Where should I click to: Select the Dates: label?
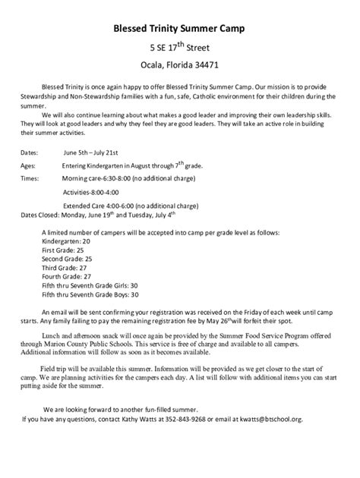click(30, 153)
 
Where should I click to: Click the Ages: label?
click(28, 165)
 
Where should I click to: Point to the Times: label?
click(30, 178)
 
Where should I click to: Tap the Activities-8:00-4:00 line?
click(96, 192)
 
